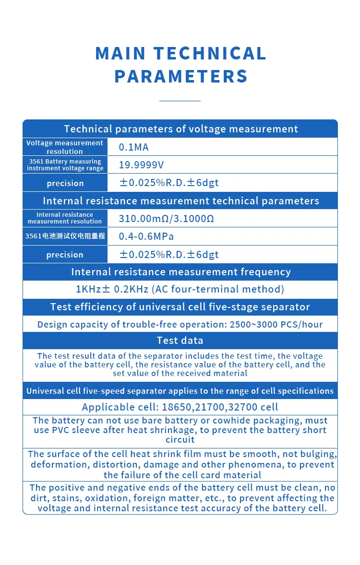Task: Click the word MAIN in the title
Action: pyautogui.click(x=120, y=53)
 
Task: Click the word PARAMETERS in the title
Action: pyautogui.click(x=181, y=76)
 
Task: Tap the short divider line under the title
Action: pyautogui.click(x=180, y=101)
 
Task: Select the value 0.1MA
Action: pyautogui.click(x=134, y=147)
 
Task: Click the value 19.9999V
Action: pyautogui.click(x=141, y=165)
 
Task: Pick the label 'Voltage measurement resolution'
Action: pyautogui.click(x=65, y=147)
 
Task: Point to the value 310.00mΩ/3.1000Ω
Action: pyautogui.click(x=166, y=219)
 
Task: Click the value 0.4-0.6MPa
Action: pyautogui.click(x=146, y=236)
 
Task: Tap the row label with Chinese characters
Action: pyautogui.click(x=65, y=236)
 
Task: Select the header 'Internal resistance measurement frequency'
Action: pyautogui.click(x=180, y=272)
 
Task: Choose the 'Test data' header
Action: pyautogui.click(x=180, y=341)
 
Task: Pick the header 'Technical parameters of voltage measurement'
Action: pyautogui.click(x=180, y=129)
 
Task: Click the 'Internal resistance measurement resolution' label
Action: pyautogui.click(x=65, y=218)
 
